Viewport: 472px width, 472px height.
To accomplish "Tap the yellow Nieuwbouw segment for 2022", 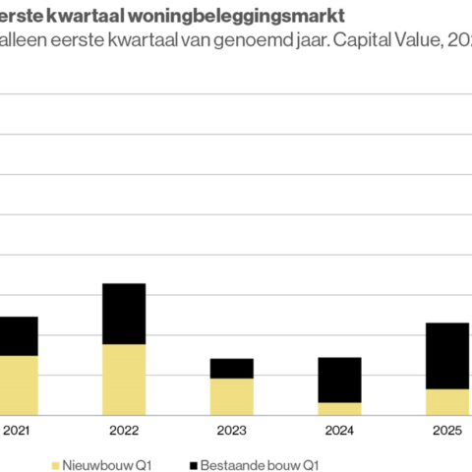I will [124, 379].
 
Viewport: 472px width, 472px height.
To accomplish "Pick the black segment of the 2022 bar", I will [124, 314].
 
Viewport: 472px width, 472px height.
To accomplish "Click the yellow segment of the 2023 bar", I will [231, 396].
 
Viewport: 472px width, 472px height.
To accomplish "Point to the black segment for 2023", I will [231, 369].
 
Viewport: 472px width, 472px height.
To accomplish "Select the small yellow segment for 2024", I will [339, 408].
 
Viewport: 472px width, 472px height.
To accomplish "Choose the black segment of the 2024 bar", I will [339, 380].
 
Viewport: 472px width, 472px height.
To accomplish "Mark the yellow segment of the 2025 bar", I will [446, 401].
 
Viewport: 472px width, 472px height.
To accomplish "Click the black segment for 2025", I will [446, 356].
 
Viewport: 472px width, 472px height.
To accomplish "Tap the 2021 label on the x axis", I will [17, 430].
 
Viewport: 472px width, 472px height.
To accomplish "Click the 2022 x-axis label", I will [124, 430].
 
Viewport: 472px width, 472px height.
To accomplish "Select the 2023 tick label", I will [231, 430].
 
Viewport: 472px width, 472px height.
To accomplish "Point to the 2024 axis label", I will [339, 430].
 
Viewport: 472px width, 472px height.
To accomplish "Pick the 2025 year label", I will [446, 430].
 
